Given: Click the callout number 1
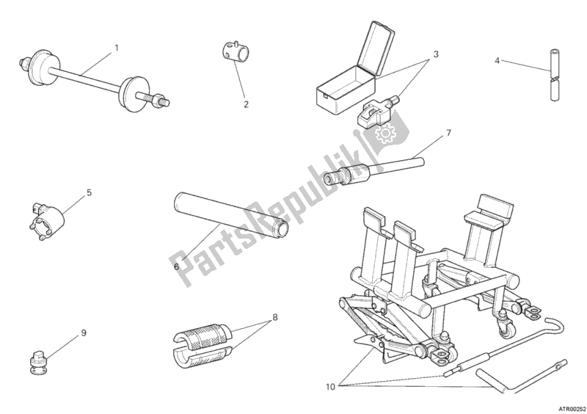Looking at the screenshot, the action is (117, 48).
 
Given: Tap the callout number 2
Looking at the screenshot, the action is (246, 104).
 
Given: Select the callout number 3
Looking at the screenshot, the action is (436, 54).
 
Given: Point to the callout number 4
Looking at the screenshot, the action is (497, 60).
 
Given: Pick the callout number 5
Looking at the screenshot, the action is (89, 192).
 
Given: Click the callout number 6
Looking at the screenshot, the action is (176, 266).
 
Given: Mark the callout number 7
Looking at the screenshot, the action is (448, 133).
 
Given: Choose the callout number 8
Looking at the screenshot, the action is (275, 318).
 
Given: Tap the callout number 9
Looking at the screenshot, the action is (84, 333).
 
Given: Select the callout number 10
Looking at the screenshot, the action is (330, 387).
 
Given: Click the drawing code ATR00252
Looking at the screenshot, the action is (572, 409).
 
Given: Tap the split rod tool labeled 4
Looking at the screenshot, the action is (554, 75).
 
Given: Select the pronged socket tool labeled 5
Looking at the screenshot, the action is (46, 219).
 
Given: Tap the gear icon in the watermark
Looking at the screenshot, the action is (382, 134).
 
